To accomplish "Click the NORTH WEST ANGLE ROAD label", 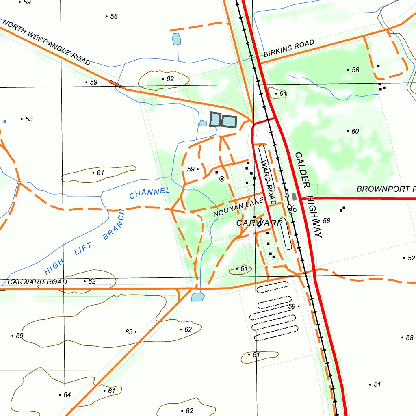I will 46,42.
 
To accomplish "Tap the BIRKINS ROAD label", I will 289,48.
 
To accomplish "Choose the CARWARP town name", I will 259,223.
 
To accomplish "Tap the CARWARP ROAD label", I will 37,282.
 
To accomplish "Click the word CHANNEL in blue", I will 149,193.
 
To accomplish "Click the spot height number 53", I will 29,119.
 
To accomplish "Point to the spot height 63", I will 129,332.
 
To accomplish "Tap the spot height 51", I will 377,384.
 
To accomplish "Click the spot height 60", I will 355,131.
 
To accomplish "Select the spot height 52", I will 411,258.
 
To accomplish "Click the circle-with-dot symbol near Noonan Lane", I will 221,179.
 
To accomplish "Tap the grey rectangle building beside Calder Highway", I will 294,197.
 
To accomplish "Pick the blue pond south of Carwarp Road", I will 198,297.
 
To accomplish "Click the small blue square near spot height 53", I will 5,121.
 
